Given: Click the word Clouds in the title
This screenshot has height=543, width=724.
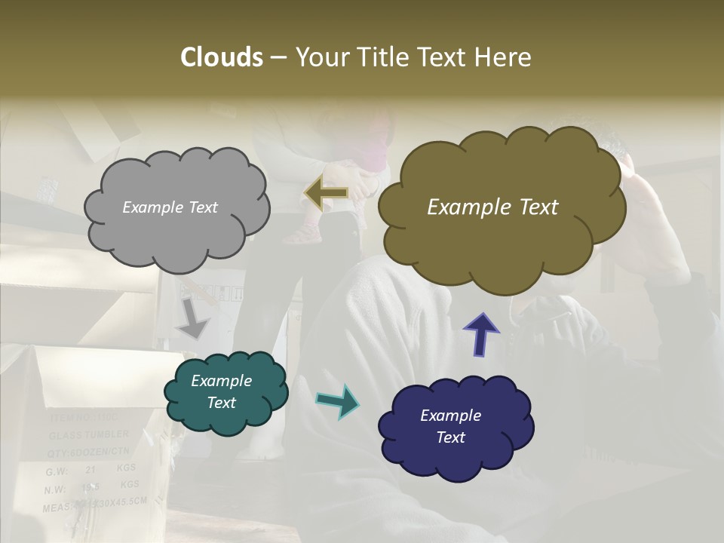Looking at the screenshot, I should pyautogui.click(x=221, y=57).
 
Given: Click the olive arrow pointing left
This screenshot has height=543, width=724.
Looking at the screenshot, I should pyautogui.click(x=326, y=194).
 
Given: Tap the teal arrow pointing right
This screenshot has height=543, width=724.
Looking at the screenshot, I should pyautogui.click(x=337, y=401).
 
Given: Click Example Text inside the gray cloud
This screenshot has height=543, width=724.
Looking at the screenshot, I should pyautogui.click(x=170, y=207).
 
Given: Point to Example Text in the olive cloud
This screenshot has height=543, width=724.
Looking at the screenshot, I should pyautogui.click(x=492, y=207).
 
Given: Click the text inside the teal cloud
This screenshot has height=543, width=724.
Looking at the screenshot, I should pyautogui.click(x=221, y=391).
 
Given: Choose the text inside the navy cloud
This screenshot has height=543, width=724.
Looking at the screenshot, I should pyautogui.click(x=450, y=426).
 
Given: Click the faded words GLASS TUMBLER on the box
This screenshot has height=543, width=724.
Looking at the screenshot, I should pyautogui.click(x=89, y=435).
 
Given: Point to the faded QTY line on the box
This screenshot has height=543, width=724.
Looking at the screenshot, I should pyautogui.click(x=89, y=452).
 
